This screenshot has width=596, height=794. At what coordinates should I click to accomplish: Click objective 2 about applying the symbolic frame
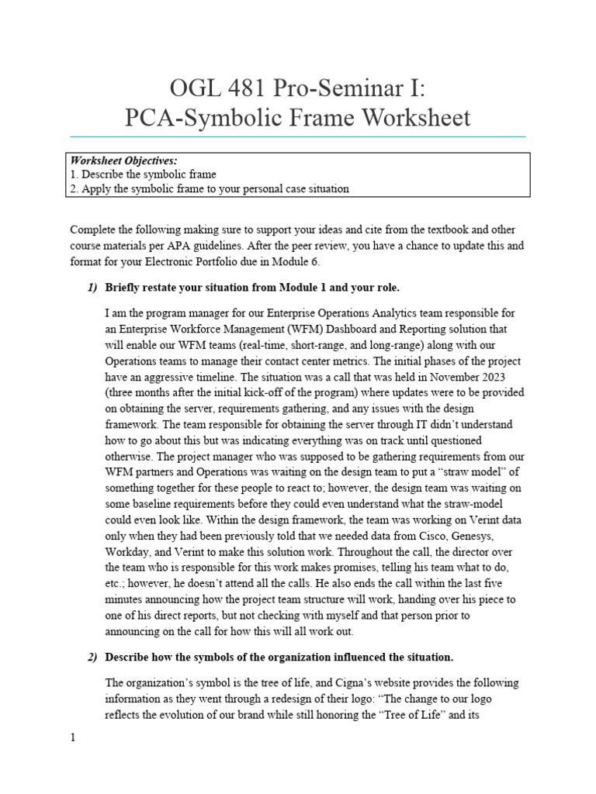(210, 188)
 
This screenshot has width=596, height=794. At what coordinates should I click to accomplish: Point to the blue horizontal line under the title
(298, 137)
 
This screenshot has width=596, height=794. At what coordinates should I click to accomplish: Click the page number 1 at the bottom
(73, 738)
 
